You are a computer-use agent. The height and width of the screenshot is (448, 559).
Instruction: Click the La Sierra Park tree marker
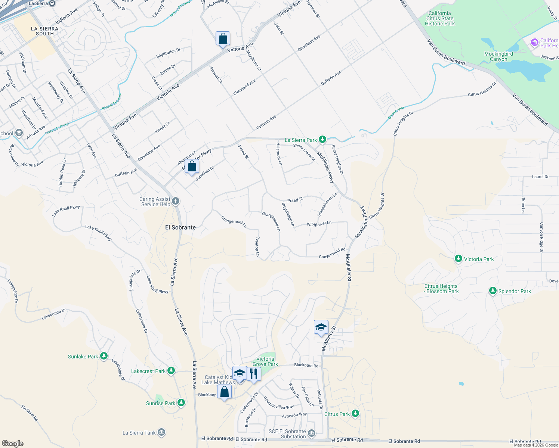pos(322,140)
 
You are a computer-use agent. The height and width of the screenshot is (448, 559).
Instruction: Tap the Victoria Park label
pos(479,259)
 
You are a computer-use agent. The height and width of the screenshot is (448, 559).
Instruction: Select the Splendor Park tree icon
pos(493,291)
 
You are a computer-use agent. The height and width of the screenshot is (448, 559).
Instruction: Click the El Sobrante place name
pos(180,227)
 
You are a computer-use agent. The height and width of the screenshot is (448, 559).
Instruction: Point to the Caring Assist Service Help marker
pos(175,202)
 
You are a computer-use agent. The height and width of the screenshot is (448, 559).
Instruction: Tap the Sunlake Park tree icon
pos(104,357)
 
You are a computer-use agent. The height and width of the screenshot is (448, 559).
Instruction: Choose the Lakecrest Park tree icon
pos(171,371)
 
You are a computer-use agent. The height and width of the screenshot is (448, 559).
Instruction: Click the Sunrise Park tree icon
pos(181,403)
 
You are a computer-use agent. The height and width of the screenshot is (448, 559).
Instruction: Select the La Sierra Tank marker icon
pos(161,433)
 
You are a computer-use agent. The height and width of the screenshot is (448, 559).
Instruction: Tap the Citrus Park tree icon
pos(355,414)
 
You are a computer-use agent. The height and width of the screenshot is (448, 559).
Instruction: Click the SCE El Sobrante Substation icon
pos(312,433)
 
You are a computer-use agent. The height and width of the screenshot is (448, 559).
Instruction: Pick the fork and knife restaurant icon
pos(254,374)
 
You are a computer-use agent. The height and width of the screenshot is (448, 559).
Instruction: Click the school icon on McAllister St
pos(321,327)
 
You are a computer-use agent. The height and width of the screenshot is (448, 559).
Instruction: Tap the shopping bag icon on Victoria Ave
pos(223,38)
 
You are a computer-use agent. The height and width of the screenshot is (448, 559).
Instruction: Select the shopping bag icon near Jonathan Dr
pos(192,166)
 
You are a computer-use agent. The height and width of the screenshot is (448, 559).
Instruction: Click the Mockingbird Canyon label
pos(498,56)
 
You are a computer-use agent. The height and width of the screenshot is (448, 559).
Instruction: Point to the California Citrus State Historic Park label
pos(440,18)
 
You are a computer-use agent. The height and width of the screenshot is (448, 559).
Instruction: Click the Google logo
pos(13,444)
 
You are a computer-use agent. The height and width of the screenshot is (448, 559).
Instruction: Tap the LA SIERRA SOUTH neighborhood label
pos(45,31)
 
